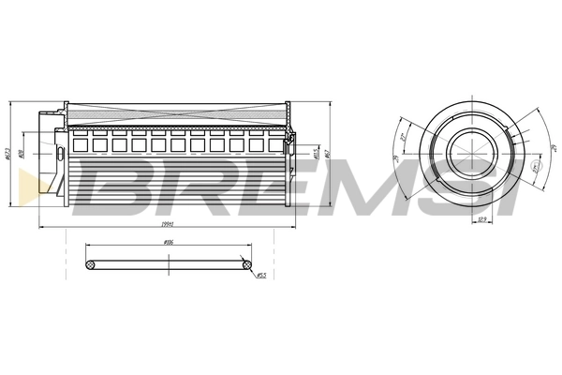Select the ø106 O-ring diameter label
click(170, 243)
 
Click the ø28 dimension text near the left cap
click(21, 151)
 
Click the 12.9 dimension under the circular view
click(483, 218)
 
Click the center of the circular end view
click(468, 149)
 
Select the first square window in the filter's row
click(80, 144)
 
